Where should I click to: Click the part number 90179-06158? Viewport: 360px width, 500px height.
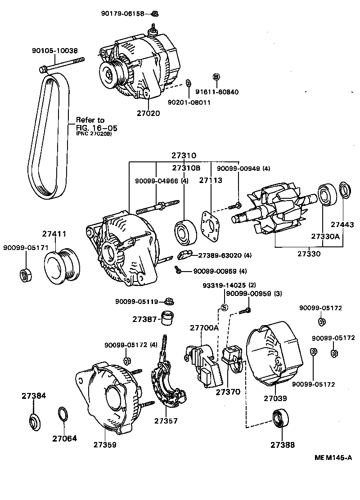point(122,14)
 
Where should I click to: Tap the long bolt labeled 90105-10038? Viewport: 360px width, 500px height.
point(63,66)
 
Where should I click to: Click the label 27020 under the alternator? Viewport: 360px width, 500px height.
point(148,113)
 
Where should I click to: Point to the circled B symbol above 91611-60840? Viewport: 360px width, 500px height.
point(216,77)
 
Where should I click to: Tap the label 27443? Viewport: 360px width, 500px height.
point(342,224)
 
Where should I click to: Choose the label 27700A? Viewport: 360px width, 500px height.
point(204,328)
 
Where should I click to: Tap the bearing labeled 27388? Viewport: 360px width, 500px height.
point(282,418)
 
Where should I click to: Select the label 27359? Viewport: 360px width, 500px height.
point(105,445)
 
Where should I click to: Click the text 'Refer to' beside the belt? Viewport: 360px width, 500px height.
point(90,120)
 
